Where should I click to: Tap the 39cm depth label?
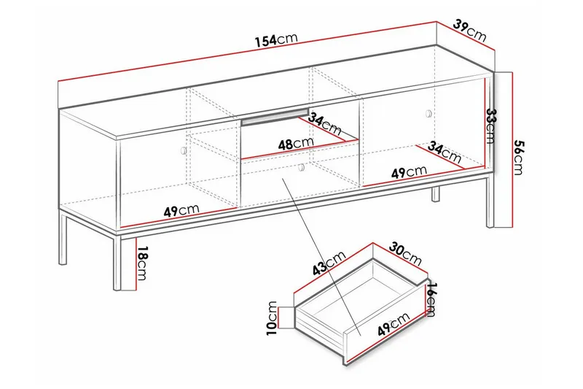(469, 30)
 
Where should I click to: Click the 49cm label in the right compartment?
(408, 172)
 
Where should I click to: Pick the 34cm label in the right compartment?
(445, 153)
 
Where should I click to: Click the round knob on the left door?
(182, 150)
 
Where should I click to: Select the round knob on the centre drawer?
(300, 168)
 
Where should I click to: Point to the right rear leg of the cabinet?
(435, 194)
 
